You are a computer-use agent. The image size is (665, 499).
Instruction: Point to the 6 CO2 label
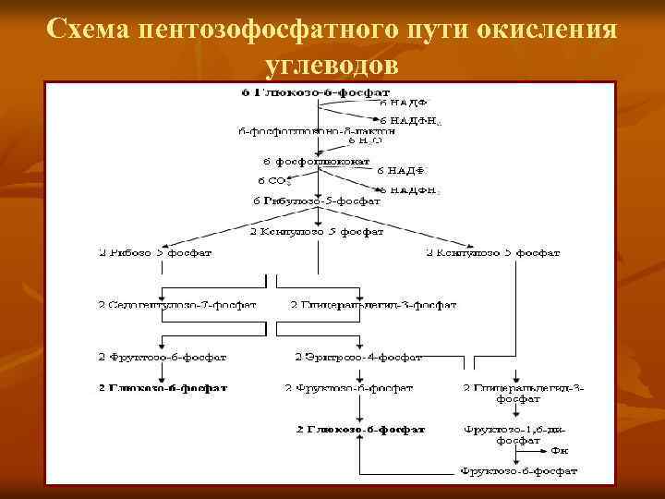(274, 180)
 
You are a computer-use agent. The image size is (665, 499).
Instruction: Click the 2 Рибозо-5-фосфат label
(157, 251)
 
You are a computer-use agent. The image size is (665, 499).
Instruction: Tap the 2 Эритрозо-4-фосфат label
(358, 356)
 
